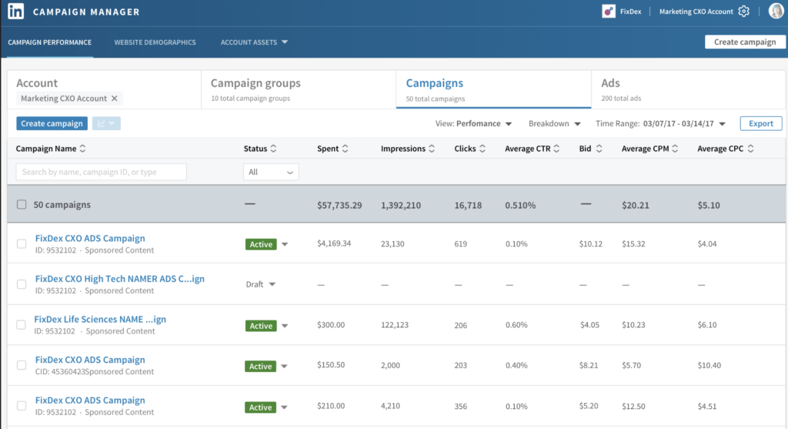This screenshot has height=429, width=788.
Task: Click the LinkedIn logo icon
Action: coord(15,12)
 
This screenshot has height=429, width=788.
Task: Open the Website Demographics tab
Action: coord(155,42)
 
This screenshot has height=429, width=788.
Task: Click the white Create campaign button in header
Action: coord(745,42)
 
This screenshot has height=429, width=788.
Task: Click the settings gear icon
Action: coord(743,12)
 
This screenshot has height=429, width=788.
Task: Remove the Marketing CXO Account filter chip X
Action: coord(115,99)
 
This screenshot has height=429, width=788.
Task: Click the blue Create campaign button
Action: coord(52,123)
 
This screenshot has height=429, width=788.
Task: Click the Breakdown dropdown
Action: coord(554,123)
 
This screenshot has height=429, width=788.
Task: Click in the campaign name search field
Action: coord(101,172)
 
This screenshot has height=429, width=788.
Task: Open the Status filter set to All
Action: coord(271,173)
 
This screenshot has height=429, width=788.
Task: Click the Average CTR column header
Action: coord(532,149)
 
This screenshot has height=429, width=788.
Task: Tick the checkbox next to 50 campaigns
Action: coord(22,205)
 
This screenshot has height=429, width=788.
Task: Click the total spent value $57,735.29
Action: coord(339,205)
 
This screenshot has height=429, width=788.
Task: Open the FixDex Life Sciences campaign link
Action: coord(100,319)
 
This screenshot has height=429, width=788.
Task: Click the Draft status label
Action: coord(255,284)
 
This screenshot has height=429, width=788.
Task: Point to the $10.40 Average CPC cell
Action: coord(709,365)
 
